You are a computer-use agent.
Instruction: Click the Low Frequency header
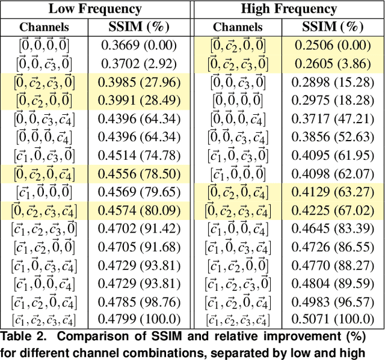(95, 9)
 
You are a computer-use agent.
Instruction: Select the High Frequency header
(289, 9)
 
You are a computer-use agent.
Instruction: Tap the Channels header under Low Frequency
(45, 27)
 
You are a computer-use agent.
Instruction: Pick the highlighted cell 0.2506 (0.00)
(333, 45)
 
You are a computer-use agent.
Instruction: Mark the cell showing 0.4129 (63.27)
(333, 192)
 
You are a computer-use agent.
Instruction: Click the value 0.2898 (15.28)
(333, 82)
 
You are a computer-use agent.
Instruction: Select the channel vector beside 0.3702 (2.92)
(45, 63)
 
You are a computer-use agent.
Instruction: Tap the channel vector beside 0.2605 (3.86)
(238, 63)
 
